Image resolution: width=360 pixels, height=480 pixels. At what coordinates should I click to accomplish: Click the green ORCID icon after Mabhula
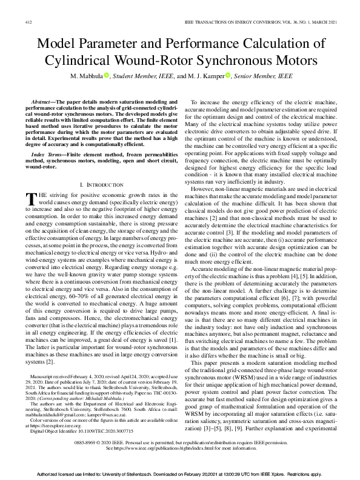pyautogui.click(x=123, y=76)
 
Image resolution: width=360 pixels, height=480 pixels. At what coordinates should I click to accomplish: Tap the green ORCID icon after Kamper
pyautogui.click(x=228, y=76)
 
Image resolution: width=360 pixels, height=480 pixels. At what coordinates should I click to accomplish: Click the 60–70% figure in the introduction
pyautogui.click(x=67, y=295)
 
